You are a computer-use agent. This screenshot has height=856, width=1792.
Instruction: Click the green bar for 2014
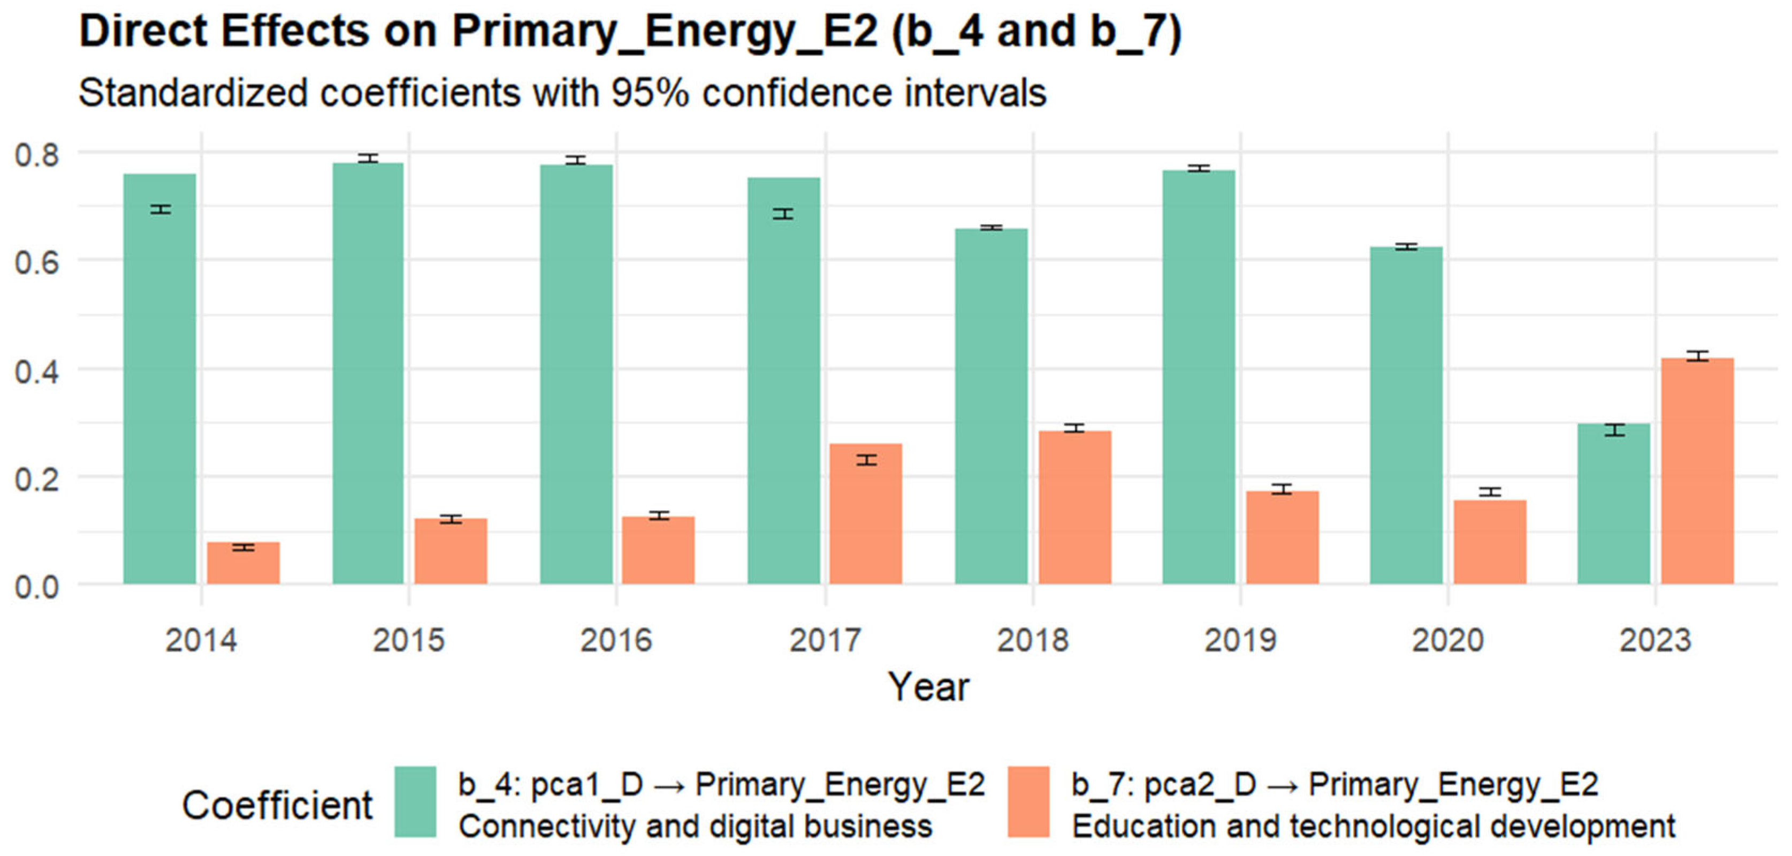159,379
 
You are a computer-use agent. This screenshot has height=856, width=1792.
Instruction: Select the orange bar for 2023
1697,471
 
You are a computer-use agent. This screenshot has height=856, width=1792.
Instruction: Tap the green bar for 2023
1613,504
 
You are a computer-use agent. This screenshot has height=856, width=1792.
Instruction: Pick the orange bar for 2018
1075,507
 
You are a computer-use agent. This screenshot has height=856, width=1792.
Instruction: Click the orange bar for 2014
243,563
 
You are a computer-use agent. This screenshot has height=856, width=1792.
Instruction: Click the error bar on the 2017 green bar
783,214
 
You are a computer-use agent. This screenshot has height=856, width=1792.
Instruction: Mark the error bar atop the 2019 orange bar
1282,489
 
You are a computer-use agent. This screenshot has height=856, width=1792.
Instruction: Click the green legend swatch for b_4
415,802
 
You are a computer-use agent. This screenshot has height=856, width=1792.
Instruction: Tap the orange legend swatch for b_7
1028,802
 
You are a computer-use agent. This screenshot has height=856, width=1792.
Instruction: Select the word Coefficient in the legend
277,806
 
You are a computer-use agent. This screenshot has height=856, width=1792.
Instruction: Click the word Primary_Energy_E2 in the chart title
665,32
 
